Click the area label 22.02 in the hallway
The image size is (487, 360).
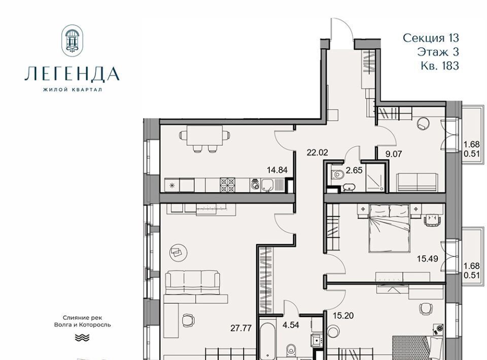(317, 153)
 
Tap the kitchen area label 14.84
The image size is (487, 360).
(277, 170)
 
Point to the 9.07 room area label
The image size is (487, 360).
(394, 154)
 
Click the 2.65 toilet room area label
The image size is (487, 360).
(354, 170)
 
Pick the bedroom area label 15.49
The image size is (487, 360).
(427, 259)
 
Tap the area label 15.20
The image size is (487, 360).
(343, 315)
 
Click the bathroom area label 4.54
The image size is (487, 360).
(291, 325)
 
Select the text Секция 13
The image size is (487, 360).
(431, 38)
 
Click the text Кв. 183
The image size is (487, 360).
(440, 66)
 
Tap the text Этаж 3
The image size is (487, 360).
(438, 52)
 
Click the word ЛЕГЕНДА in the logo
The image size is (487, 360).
(72, 74)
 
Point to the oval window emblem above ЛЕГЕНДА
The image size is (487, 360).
(72, 41)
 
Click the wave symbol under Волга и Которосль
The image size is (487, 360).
(82, 337)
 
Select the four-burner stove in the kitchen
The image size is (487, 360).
(227, 185)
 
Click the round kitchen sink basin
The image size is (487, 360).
(255, 185)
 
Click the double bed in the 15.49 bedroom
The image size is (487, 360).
(390, 228)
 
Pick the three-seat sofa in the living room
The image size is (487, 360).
(193, 282)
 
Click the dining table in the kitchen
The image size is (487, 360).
(204, 135)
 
